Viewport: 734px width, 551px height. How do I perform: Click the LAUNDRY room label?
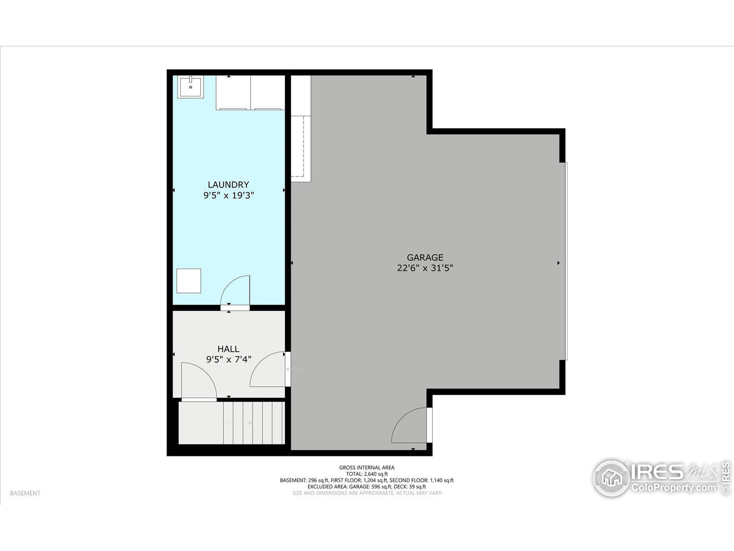[228, 185]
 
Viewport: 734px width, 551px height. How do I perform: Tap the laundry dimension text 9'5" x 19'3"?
[228, 195]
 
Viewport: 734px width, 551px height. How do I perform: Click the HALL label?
[228, 349]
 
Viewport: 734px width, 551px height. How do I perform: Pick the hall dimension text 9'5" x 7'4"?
[228, 359]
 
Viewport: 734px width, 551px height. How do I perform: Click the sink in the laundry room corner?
[190, 87]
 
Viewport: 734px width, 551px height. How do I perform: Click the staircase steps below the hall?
[253, 423]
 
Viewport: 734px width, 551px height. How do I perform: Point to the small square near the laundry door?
[188, 281]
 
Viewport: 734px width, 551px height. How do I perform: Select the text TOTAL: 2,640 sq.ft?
[367, 474]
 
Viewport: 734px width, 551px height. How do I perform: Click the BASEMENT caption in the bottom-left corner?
[25, 493]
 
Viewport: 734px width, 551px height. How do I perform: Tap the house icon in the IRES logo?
[611, 478]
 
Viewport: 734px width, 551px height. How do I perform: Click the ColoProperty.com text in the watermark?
[674, 488]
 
